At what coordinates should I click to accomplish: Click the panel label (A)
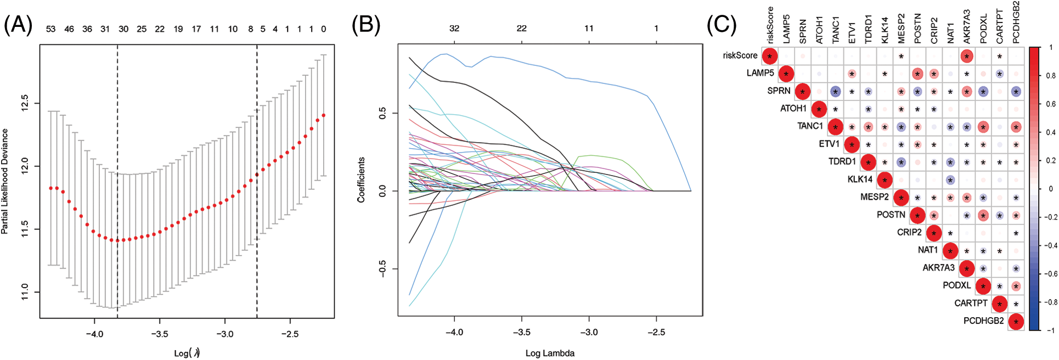tap(18, 25)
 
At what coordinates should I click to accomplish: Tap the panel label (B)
tap(365, 25)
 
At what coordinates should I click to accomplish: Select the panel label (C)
tap(722, 25)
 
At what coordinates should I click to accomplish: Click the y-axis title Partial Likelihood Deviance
tap(5, 181)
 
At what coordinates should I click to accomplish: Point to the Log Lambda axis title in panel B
tap(550, 353)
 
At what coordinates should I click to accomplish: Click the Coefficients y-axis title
tap(361, 180)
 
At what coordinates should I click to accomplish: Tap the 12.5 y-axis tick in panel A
tap(25, 103)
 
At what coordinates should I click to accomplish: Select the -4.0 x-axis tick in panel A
tap(94, 334)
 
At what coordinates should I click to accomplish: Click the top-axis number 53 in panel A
tap(50, 29)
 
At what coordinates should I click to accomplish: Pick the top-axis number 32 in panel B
tap(454, 28)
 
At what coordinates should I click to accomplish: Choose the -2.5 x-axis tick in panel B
tap(656, 332)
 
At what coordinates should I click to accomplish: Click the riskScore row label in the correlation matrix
tap(740, 55)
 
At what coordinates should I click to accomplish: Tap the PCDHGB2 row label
tap(983, 320)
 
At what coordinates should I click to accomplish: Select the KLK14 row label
tap(859, 179)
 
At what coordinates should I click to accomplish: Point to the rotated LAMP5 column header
tap(786, 29)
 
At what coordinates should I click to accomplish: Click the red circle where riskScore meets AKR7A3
tap(966, 56)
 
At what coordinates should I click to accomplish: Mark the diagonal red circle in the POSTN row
tap(917, 215)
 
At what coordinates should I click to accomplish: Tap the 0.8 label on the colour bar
tap(1050, 76)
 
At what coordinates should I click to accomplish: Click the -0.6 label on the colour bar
tap(1049, 273)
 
